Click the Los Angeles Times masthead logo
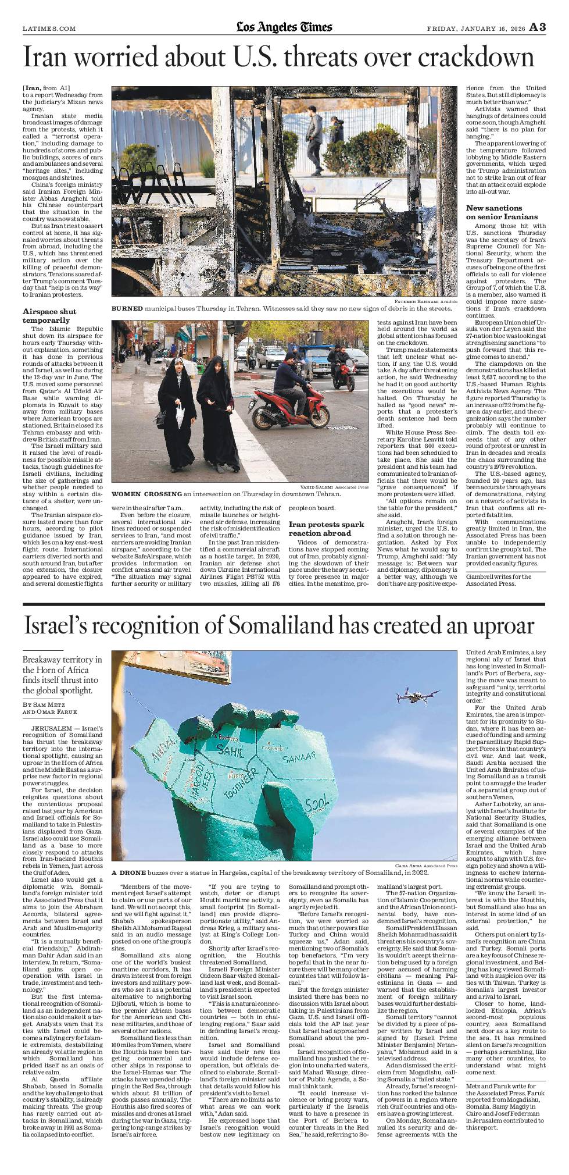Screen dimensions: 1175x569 [284, 27]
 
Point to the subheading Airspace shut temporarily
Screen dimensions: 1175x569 [49, 316]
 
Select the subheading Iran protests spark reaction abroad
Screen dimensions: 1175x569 [327, 528]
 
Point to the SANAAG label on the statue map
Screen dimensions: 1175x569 [298, 757]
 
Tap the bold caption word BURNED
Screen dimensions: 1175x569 [127, 308]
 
